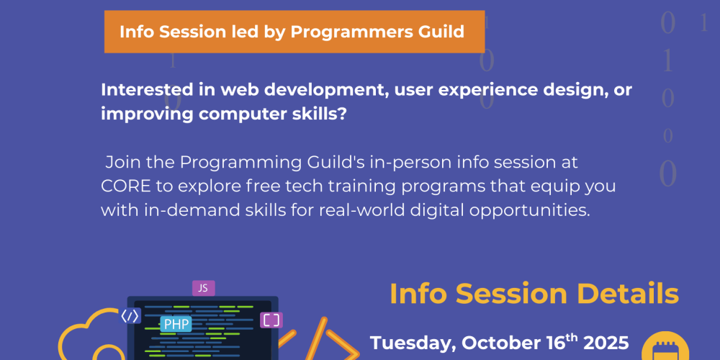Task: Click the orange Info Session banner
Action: coord(294,32)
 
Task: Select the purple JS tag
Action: coord(204,289)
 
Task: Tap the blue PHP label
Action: coord(176,324)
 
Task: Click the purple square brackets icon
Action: coord(271,320)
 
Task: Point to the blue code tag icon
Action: coord(130,316)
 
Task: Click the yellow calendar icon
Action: coord(665,348)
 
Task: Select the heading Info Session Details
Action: coord(534,294)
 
